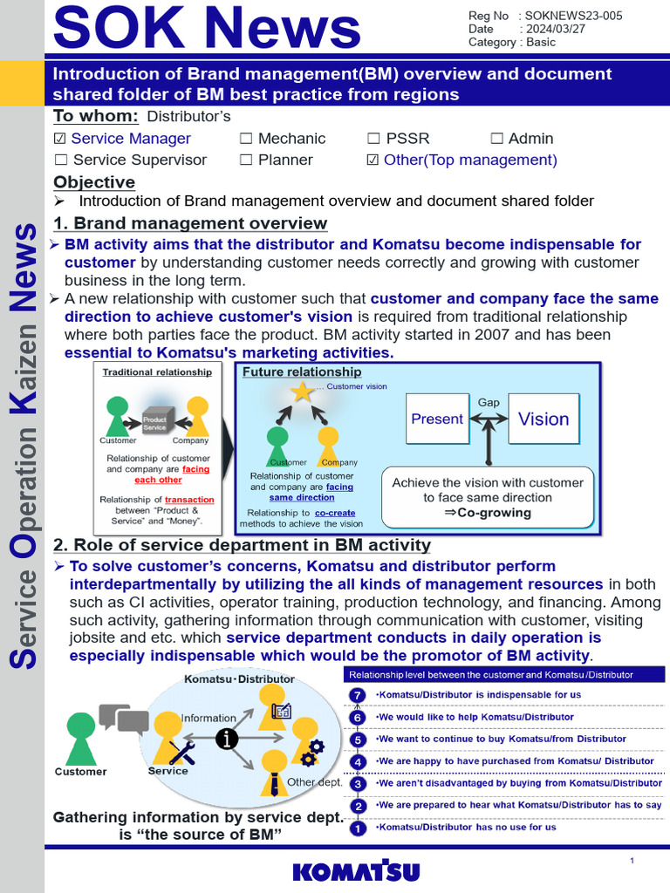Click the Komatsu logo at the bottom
[x=356, y=871]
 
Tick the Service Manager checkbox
[x=60, y=139]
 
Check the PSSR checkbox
[x=373, y=139]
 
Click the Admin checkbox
[x=496, y=139]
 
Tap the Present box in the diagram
[x=437, y=419]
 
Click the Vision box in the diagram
[x=544, y=419]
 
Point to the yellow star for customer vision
[x=302, y=392]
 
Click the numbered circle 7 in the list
[x=357, y=695]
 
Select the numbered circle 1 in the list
[x=357, y=828]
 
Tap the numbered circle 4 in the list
[x=357, y=761]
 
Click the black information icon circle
[x=227, y=739]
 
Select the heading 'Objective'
[x=94, y=182]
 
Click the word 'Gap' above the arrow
[x=489, y=402]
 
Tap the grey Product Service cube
[x=155, y=420]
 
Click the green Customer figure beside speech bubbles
[x=81, y=738]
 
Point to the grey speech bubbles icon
[x=124, y=719]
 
